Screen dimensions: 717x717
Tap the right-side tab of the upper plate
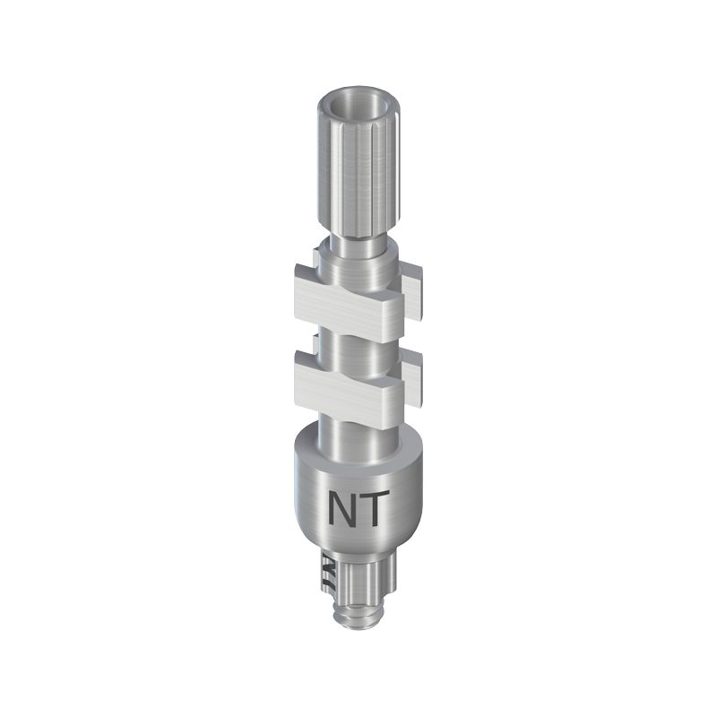[x=412, y=293]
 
